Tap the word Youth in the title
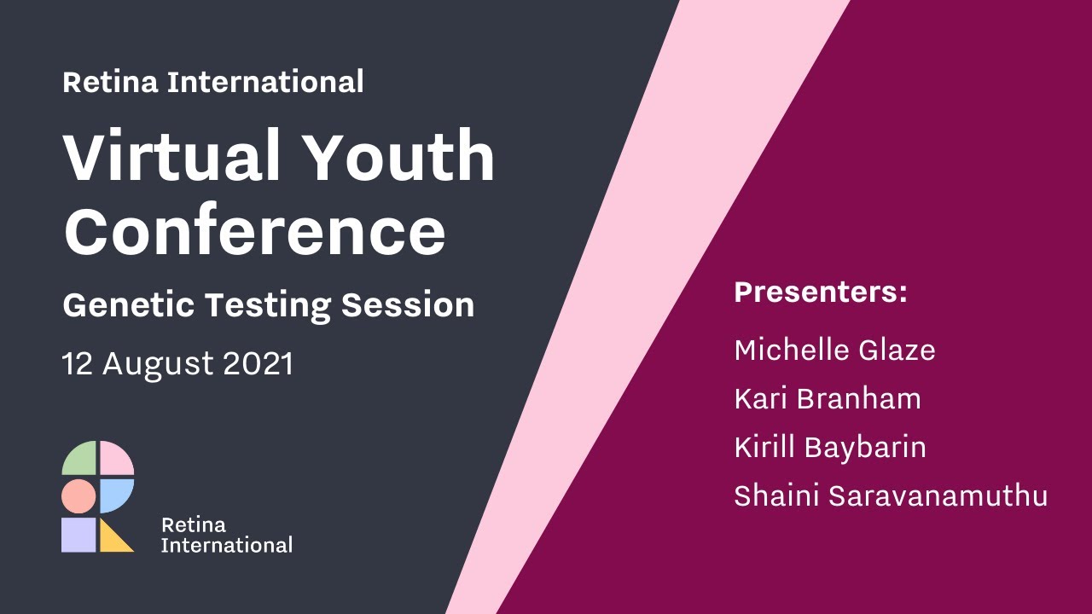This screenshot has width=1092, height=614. pos(399,157)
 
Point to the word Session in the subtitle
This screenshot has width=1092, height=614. pos(408,305)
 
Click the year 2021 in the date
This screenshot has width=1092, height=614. pos(258,364)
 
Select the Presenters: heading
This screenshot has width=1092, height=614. pos(821,292)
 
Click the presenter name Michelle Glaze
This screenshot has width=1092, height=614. pos(834,350)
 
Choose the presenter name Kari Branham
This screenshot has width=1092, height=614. pos(828,398)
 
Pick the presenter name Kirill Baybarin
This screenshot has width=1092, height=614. pos(830,448)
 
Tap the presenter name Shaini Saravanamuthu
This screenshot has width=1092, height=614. pos(891,496)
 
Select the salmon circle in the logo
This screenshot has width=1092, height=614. pos(78,496)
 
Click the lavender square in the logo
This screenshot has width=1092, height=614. pos(78,535)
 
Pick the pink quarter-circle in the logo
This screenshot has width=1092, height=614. pos(116,460)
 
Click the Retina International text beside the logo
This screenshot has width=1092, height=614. pos(226,535)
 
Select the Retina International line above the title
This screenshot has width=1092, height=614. pos(213,82)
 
